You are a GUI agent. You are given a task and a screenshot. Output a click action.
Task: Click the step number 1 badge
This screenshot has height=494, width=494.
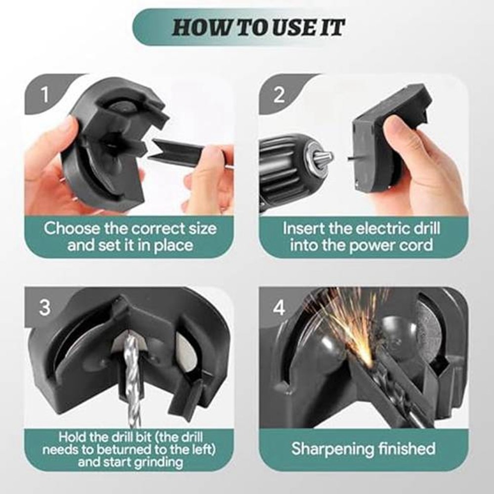45,94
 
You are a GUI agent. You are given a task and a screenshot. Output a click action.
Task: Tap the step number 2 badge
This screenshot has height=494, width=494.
279,94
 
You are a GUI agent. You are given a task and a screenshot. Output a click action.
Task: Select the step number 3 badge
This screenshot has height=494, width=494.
45,308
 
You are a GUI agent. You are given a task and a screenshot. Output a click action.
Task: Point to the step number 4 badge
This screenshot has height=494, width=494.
279,308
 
